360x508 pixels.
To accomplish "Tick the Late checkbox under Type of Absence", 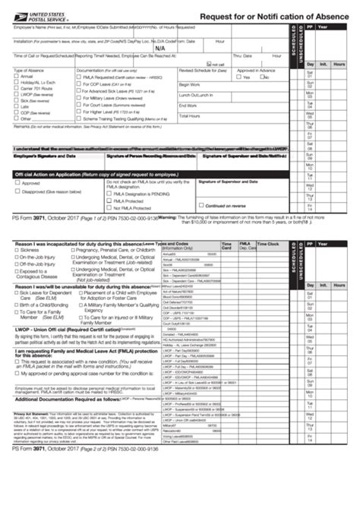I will (x=17, y=106).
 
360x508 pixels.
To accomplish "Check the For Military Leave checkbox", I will (x=81, y=98).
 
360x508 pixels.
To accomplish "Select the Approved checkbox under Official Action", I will (x=17, y=183).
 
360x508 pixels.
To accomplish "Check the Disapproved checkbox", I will (x=17, y=193).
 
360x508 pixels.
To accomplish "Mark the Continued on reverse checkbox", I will (x=201, y=205).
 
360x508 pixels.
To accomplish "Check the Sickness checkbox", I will (x=17, y=249).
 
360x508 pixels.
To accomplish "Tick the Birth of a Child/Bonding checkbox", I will (x=17, y=301).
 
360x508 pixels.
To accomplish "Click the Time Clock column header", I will (x=267, y=245).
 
